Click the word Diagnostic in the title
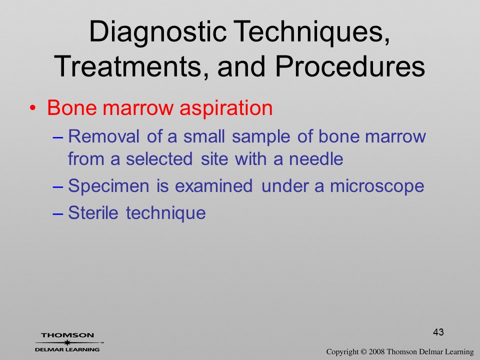pos(158,32)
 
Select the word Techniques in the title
pos(313,32)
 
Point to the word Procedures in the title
pos(350,66)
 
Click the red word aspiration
pos(226,108)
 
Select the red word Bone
pos(72,107)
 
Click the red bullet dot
pos(33,108)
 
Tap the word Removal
pos(103,136)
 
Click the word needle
pos(316,158)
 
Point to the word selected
pos(159,158)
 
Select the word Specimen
pos(108,186)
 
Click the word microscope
pos(377,186)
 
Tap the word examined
pos(213,185)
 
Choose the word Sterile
pos(93,212)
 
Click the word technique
pos(165,213)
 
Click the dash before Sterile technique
pos(57,213)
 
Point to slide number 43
pos(438,332)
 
